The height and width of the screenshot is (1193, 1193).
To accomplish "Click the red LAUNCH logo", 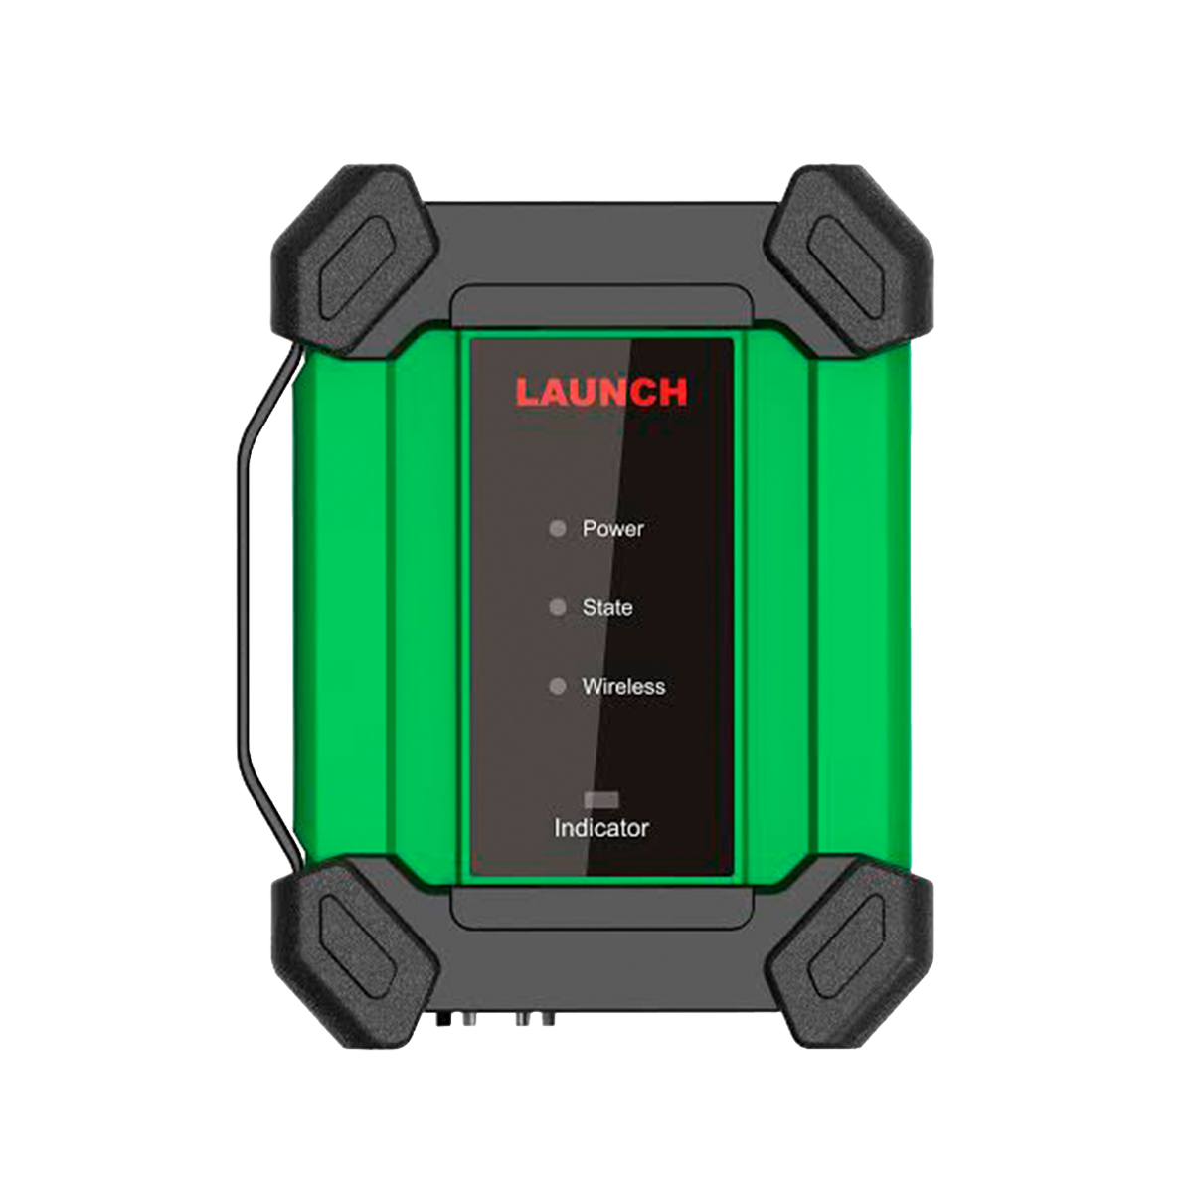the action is coord(601,392).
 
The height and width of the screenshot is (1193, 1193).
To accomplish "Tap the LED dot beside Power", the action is coord(557,528).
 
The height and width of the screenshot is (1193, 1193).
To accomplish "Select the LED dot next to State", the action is coord(557,607).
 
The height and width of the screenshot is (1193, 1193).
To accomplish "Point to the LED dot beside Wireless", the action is coord(557,686).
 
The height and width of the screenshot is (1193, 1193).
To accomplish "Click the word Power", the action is coord(613,529).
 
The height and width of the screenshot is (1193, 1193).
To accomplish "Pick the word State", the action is coord(607,608).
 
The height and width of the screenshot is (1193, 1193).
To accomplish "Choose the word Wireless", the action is coord(623,687).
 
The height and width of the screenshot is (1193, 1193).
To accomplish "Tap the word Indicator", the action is coord(601,828).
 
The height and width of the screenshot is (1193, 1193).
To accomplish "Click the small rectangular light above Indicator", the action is coord(601,800).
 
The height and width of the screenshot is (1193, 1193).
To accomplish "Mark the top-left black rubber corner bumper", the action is coord(355,260).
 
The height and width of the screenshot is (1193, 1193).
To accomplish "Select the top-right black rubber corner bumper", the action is coord(848,260).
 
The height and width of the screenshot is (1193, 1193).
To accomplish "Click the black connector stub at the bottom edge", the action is coord(442,1018).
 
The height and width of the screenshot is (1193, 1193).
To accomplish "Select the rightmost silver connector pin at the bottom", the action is coord(548,1018).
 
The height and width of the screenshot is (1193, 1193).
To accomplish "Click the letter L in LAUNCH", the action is coord(528,392).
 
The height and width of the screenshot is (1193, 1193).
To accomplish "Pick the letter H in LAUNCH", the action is coord(674,392).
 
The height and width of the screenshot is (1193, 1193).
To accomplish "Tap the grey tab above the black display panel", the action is coord(601,307).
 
